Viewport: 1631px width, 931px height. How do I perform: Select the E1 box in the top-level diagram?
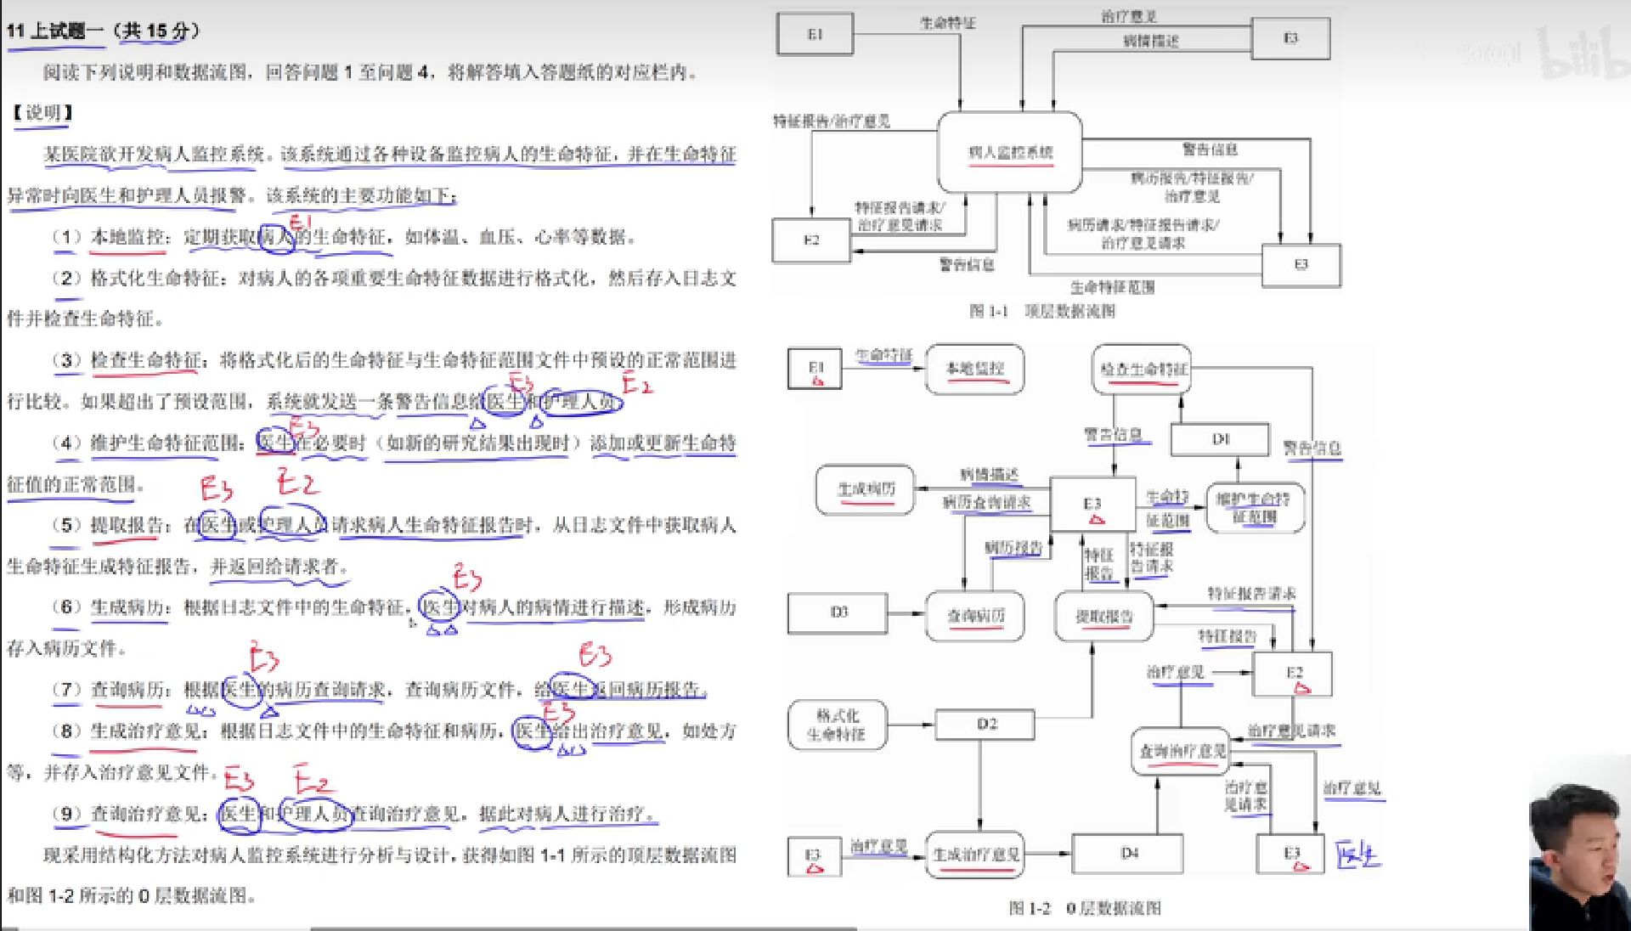tap(815, 35)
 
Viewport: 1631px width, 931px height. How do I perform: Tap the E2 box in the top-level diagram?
tap(811, 240)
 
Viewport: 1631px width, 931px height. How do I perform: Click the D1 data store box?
tap(1220, 439)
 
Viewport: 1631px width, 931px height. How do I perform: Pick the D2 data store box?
tap(985, 725)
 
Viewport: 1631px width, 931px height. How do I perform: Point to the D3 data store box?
tap(838, 612)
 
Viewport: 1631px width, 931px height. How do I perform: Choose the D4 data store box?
tap(1127, 853)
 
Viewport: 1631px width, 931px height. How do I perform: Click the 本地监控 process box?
tap(974, 369)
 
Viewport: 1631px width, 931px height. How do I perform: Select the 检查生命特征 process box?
tap(1143, 370)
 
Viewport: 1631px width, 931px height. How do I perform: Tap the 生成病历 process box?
tap(866, 489)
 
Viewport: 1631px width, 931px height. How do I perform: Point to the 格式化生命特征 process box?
tap(837, 725)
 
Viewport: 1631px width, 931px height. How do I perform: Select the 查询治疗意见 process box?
tap(1182, 751)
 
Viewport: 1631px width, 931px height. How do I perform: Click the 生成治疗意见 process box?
tap(975, 855)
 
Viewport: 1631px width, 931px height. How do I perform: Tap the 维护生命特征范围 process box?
tap(1255, 508)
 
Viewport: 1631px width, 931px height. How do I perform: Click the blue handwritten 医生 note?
tap(1357, 855)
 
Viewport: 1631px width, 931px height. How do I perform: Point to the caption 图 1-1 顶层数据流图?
tap(1042, 312)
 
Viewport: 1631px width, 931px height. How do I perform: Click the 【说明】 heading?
tap(42, 113)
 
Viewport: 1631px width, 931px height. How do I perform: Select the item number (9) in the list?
tap(67, 814)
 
